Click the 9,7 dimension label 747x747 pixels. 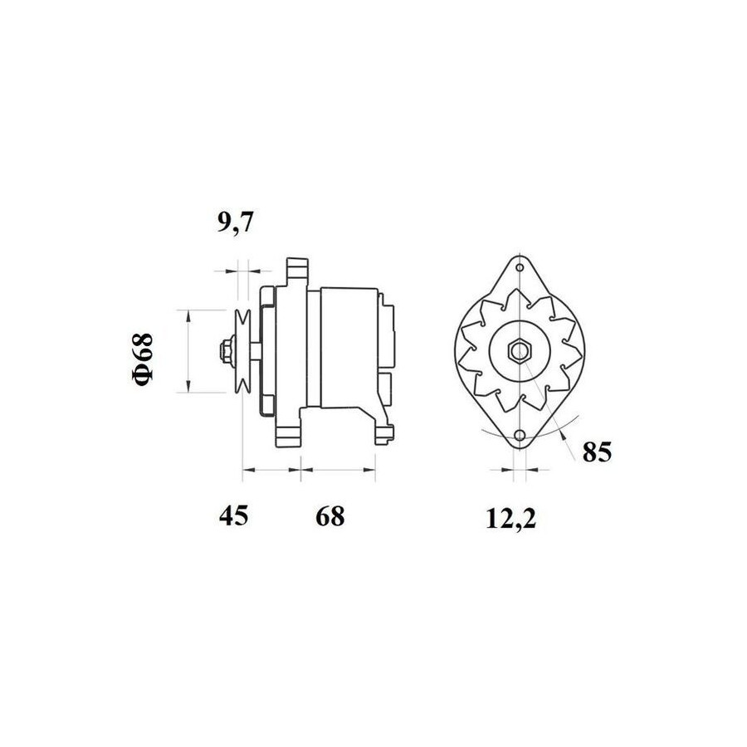236,222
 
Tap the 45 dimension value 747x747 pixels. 233,515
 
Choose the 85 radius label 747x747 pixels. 597,452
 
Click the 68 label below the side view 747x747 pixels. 330,515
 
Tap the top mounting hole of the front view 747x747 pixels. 520,267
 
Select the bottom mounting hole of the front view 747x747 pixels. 520,436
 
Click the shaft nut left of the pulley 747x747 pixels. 227,351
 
